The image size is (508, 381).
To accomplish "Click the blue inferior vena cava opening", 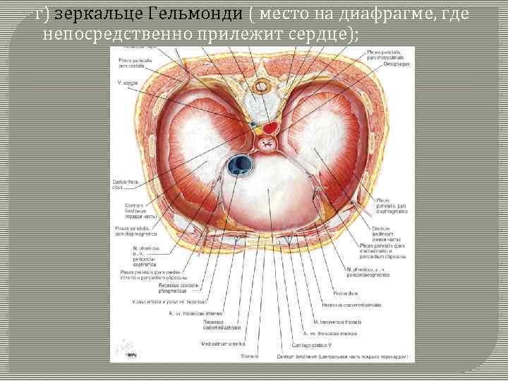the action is tap(241, 164).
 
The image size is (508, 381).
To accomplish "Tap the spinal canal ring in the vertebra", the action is tap(261, 88).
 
